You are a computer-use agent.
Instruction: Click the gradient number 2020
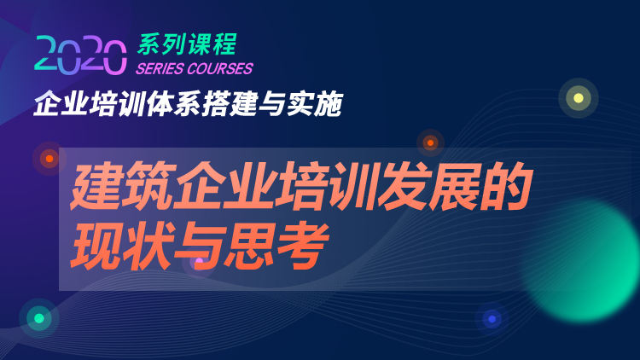[80, 55]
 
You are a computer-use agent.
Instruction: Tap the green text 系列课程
[187, 44]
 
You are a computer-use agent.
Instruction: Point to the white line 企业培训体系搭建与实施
[189, 104]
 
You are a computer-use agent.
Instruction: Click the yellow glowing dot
[579, 98]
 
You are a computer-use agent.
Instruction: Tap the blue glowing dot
[492, 319]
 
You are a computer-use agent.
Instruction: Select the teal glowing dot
[38, 318]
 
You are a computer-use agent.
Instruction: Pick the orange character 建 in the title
[96, 186]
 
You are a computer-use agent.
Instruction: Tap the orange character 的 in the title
[506, 186]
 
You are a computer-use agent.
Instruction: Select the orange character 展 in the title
[455, 186]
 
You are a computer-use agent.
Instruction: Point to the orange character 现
[96, 246]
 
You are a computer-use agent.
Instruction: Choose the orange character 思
[251, 246]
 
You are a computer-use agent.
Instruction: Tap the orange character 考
[302, 246]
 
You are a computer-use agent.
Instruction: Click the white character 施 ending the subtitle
[329, 104]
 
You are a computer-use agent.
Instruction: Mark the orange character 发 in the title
[404, 186]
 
